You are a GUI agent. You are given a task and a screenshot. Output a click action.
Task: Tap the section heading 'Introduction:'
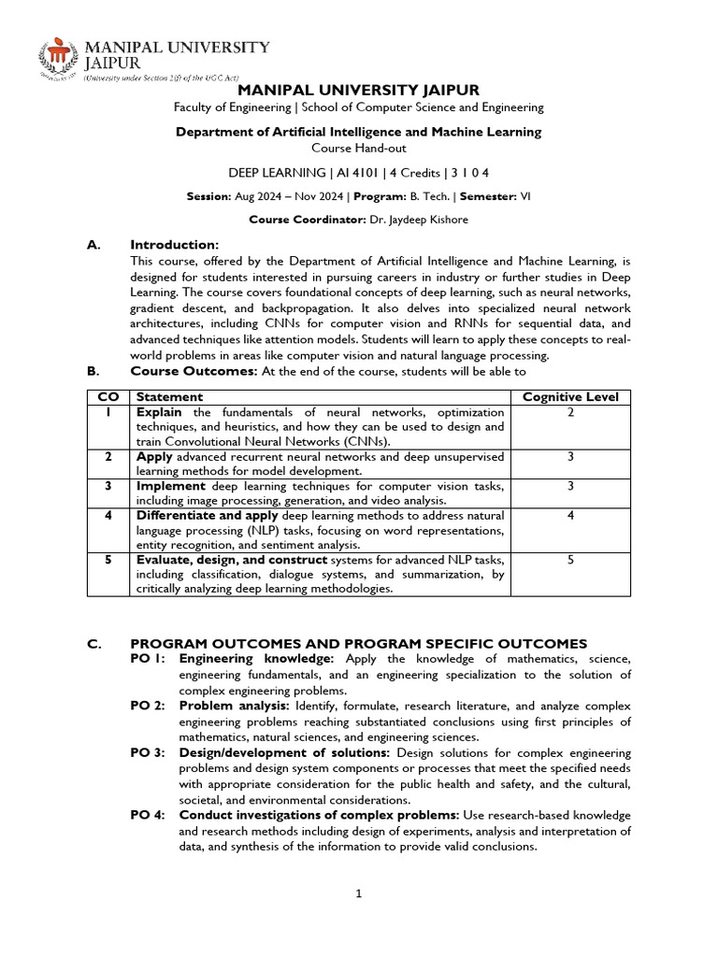175,244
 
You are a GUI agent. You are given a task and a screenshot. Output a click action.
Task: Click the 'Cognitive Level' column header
570,397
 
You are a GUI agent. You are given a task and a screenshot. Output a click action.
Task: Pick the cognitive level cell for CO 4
570,515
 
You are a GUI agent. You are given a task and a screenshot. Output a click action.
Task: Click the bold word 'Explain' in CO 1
159,412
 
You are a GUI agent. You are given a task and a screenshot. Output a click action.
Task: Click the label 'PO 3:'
148,752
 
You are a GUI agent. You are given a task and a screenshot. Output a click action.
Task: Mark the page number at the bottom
358,893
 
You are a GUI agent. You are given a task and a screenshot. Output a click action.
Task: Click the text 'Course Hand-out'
358,148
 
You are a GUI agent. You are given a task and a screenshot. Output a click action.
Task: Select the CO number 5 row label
108,560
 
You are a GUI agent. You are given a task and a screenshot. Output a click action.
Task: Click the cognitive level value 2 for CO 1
570,412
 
